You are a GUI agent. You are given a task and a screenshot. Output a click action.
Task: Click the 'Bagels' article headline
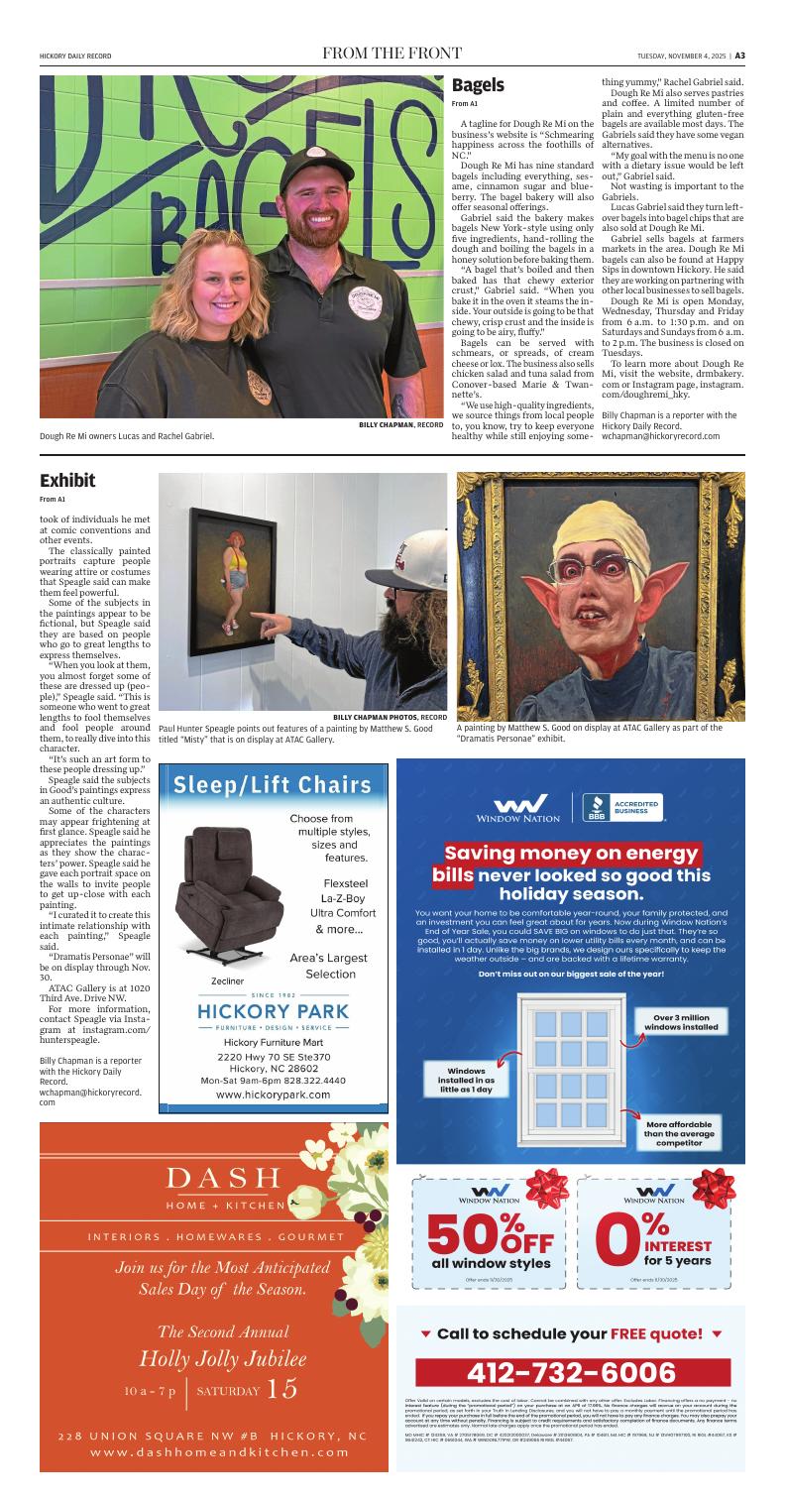tap(478, 86)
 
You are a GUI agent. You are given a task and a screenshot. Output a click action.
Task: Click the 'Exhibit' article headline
tap(67, 481)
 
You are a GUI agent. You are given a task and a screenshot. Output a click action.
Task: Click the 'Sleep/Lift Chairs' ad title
tap(273, 786)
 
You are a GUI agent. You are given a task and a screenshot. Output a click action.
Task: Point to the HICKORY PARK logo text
tap(273, 1011)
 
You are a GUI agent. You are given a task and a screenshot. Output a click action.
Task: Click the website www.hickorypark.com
tap(273, 1095)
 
